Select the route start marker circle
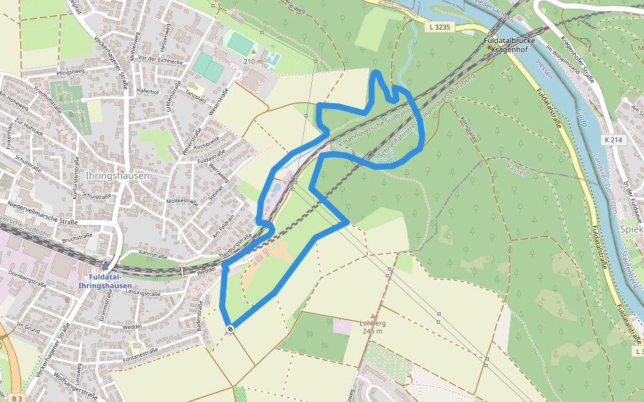click(230, 328)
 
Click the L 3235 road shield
click(440, 27)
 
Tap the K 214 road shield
click(612, 140)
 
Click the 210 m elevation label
click(253, 62)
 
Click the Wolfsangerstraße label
click(77, 383)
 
